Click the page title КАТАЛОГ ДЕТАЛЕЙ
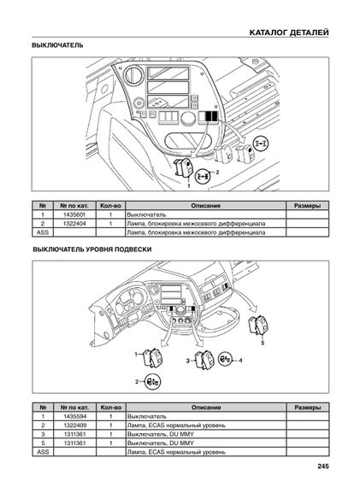[289, 32]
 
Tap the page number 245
[323, 466]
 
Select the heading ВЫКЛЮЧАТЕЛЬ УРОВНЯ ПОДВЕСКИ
[92, 249]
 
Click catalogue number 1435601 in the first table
[74, 214]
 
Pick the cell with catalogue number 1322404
[74, 224]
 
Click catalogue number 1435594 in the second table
[75, 416]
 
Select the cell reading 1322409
[75, 425]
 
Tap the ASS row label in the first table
[43, 232]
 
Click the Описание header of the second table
[206, 408]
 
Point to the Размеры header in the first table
[307, 206]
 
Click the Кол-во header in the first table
[110, 206]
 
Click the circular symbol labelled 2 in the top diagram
[203, 176]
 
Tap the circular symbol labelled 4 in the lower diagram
[225, 360]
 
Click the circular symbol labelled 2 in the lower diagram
[153, 382]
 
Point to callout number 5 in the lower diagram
[263, 343]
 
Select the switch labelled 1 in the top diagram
[183, 167]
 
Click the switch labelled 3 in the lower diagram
[204, 360]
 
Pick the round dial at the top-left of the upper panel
[133, 75]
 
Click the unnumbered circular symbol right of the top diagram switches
[261, 144]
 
